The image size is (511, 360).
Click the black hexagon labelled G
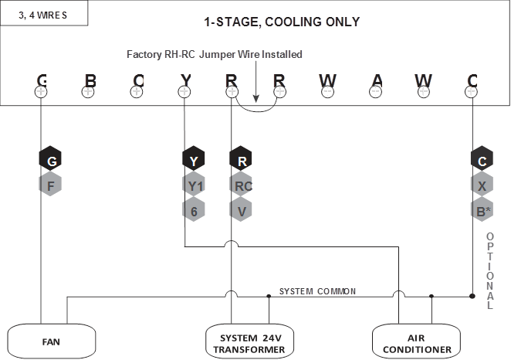pos(51,161)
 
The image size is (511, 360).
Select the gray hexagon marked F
pos(51,185)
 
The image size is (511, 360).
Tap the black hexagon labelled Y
pos(194,161)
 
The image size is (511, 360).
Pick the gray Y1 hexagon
pos(194,185)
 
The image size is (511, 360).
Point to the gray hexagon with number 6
pos(194,210)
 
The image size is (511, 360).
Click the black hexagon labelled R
pos(242,161)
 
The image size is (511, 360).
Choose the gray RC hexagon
pos(242,185)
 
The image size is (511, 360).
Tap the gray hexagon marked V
pos(242,210)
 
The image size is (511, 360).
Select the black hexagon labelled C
pos(482,161)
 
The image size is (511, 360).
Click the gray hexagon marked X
pos(482,185)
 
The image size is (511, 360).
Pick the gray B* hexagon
pos(482,210)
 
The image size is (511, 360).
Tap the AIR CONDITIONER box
pos(418,343)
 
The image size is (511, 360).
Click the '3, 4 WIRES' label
pos(43,13)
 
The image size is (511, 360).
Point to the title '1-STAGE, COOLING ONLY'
pos(281,22)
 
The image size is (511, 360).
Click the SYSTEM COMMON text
pos(317,291)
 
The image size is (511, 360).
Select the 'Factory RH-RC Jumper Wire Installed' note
pos(215,54)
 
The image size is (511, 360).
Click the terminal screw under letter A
pos(376,92)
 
